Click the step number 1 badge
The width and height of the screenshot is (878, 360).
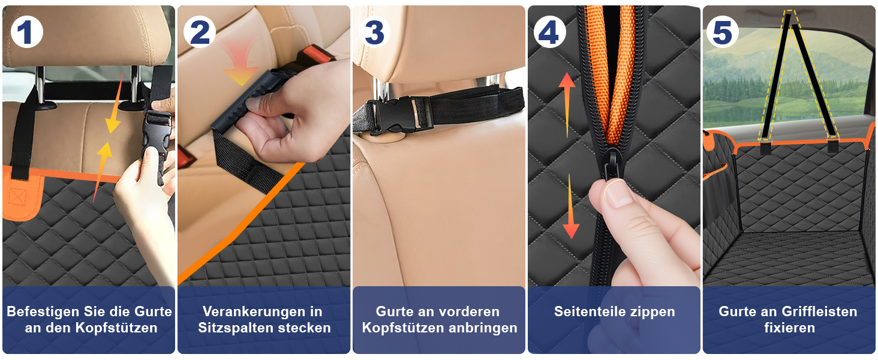point(26,32)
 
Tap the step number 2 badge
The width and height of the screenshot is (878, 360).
point(200,32)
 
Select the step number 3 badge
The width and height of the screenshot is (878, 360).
point(374,32)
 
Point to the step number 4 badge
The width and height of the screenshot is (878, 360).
point(549,32)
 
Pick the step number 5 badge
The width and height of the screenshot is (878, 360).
point(723,32)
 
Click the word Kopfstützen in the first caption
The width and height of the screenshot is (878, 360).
point(116,328)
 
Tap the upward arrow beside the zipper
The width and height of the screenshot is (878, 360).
point(567,105)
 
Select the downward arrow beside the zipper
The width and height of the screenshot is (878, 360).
point(571,206)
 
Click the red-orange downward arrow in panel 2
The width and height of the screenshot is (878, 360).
point(240,65)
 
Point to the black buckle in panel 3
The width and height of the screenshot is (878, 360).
point(400,115)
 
